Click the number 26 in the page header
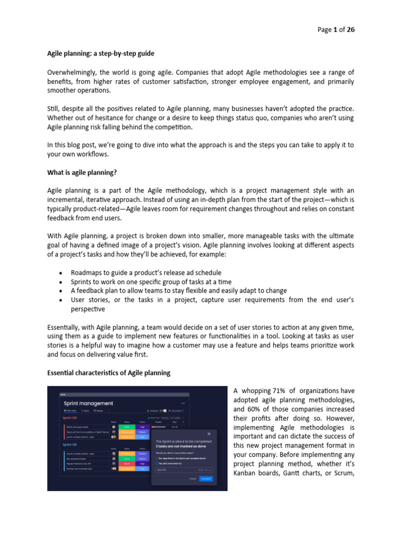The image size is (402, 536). (351, 30)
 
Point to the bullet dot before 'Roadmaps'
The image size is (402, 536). (62, 273)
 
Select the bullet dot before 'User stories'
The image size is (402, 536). (62, 300)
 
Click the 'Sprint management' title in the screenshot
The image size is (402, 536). (88, 403)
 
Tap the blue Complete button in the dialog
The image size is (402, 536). (206, 478)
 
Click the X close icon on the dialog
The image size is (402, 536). (209, 433)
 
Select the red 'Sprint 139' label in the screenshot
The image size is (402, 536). (71, 418)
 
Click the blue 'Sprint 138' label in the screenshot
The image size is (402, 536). (71, 444)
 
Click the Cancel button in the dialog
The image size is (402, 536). (192, 478)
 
